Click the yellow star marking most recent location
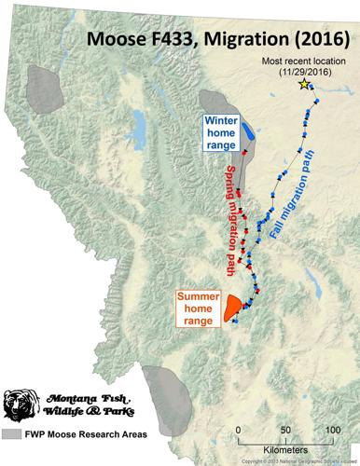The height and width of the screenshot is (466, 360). tap(305, 85)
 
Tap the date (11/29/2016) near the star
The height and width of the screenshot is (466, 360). tap(305, 71)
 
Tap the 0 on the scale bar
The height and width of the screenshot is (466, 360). tap(240, 430)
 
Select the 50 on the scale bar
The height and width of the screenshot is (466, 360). tap(284, 430)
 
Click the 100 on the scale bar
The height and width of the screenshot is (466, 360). tap(329, 430)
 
